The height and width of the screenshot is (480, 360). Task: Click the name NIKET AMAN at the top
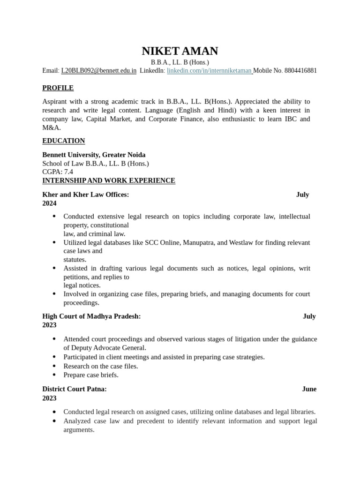point(180,51)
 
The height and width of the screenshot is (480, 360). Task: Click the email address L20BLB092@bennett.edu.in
point(98,71)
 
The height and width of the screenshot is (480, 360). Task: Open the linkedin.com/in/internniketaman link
point(209,71)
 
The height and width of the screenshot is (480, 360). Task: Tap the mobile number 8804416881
point(300,71)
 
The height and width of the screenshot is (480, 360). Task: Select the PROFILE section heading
point(58,88)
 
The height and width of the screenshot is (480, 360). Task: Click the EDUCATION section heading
point(64,141)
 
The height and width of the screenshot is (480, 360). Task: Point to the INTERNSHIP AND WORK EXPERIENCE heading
point(109,180)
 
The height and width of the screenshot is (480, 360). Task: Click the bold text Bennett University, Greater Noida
point(94,155)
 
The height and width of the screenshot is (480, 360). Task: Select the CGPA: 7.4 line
point(58,172)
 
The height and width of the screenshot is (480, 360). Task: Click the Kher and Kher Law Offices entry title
point(85,195)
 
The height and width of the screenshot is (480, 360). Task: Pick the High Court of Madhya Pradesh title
point(91,316)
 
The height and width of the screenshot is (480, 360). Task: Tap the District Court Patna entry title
point(75,389)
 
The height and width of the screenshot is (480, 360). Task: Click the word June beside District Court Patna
point(309,389)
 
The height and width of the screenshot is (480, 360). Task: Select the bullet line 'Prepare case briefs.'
point(91,375)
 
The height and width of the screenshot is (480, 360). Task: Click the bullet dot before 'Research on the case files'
point(54,366)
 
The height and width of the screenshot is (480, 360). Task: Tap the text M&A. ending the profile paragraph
point(52,127)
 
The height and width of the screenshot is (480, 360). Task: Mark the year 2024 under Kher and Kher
point(49,203)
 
